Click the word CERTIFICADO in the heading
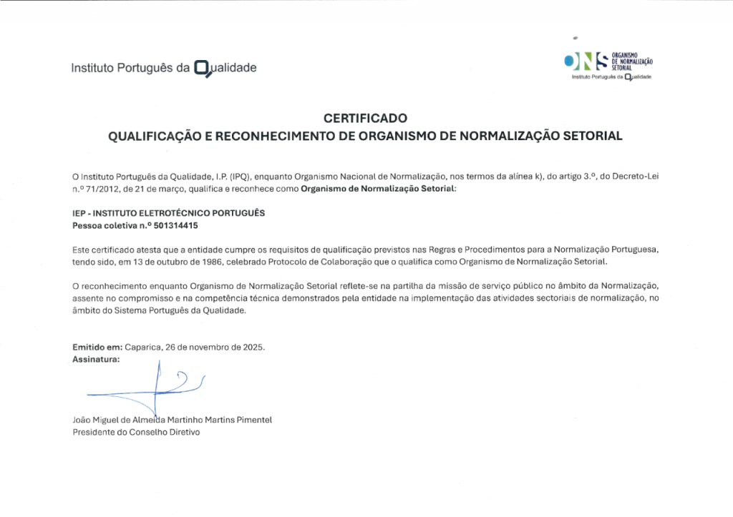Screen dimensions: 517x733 coord(365,118)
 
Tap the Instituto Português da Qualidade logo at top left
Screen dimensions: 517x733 coord(163,69)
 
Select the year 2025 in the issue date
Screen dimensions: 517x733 coord(252,347)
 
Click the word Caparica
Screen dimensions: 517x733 coord(143,347)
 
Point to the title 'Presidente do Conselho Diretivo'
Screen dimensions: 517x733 coord(137,432)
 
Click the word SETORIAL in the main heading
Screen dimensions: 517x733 coord(593,134)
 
